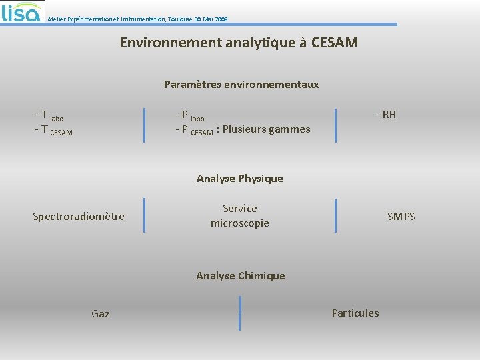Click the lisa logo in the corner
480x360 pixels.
point(21,12)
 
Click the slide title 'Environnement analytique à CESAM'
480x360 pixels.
point(239,43)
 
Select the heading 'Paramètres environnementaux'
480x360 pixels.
point(241,85)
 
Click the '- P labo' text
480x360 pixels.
point(189,115)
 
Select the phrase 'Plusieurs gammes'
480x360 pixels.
point(266,129)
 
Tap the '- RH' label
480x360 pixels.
point(386,114)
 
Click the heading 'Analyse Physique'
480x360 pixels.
point(239,179)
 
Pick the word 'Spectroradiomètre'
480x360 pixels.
point(79,216)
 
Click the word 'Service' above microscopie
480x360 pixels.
point(239,209)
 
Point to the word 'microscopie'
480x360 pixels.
point(239,223)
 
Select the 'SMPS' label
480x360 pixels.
point(401,216)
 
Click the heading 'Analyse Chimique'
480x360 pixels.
point(240,276)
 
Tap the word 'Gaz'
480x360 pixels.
point(101,313)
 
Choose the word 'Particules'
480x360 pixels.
point(355,313)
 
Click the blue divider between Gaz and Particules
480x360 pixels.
point(240,313)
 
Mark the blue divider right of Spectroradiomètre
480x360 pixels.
point(144,215)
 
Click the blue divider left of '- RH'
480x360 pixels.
point(336,125)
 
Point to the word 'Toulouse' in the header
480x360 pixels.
point(182,19)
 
